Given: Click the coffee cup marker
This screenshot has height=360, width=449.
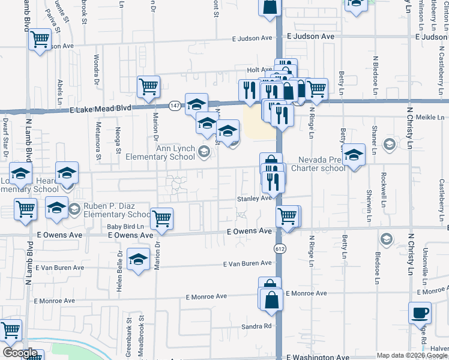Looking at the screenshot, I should (x=420, y=313).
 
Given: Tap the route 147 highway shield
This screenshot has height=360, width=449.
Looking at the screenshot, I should (x=175, y=106).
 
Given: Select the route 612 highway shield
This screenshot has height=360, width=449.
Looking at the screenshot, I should (x=282, y=248).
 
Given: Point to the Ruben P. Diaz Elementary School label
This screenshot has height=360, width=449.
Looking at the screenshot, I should (x=117, y=210).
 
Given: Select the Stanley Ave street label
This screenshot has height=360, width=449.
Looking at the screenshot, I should (x=255, y=198).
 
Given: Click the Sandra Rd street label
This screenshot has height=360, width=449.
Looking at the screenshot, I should (x=257, y=327).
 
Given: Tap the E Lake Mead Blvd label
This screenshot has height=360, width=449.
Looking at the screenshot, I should (x=100, y=109).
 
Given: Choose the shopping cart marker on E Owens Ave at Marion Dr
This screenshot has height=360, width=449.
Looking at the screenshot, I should (x=162, y=219).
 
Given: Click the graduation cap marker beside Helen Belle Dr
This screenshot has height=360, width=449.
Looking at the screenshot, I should (x=139, y=260).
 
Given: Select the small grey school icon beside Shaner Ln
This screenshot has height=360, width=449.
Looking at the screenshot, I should (x=389, y=143).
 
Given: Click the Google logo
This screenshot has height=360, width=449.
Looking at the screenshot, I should (x=20, y=353).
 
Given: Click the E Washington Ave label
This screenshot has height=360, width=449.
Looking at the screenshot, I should (x=318, y=357).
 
